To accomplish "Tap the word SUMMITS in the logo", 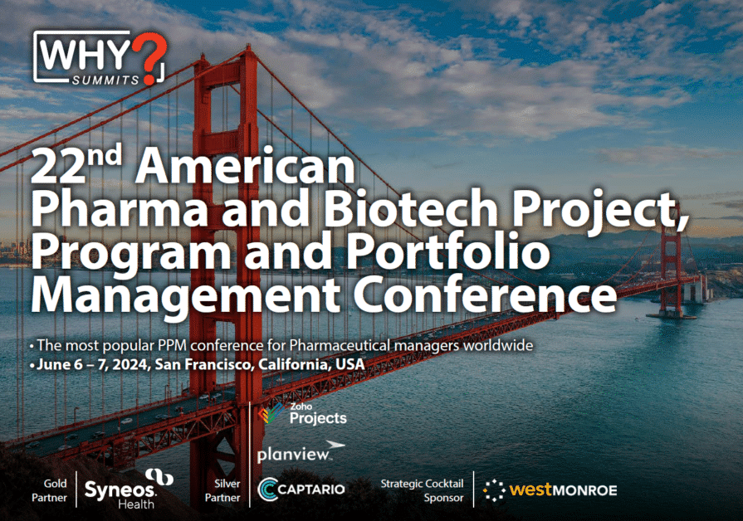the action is point(105,80).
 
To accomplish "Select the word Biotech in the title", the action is point(410,208).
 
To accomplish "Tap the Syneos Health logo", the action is point(129,489).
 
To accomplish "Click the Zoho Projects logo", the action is point(303,413).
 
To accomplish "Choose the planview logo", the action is point(301,452).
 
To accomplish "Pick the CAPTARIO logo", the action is point(301,489).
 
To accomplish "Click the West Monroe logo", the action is point(550,489).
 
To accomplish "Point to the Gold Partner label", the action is point(49,490).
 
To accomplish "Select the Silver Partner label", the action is point(222,490).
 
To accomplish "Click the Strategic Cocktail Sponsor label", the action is point(423,490).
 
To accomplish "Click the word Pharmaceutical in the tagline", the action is point(340,345).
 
